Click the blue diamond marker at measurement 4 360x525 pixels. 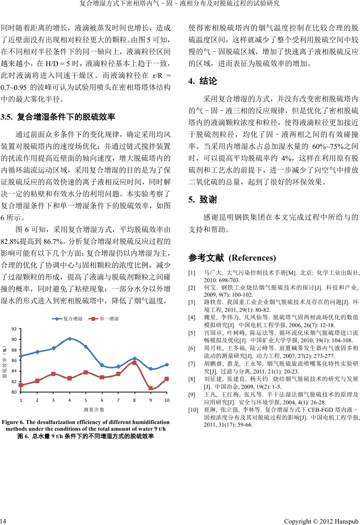coord(69,339)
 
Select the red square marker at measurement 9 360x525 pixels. coord(150,388)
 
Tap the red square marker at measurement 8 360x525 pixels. coord(134,363)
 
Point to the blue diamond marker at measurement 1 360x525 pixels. coord(21,356)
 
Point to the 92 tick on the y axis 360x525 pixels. coord(14,329)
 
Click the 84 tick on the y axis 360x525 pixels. coord(14,371)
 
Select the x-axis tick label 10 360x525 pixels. coord(167,400)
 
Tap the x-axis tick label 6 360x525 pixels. coord(102,400)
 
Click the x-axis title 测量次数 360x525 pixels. coord(94,410)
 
